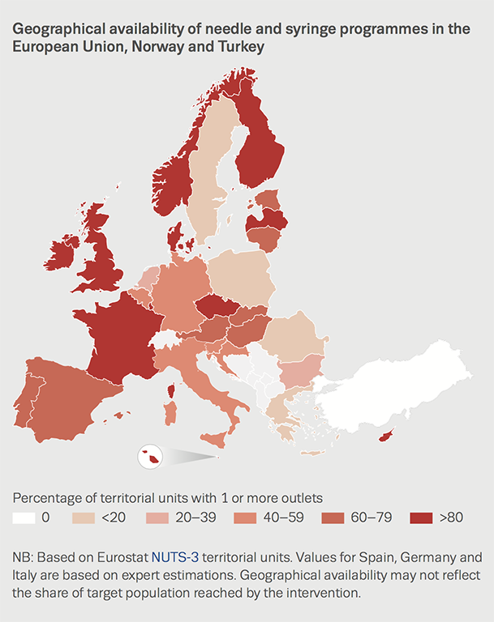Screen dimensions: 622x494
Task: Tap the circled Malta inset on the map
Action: tap(150, 458)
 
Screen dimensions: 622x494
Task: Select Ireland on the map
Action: tap(63, 252)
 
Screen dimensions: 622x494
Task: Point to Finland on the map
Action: tap(260, 146)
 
